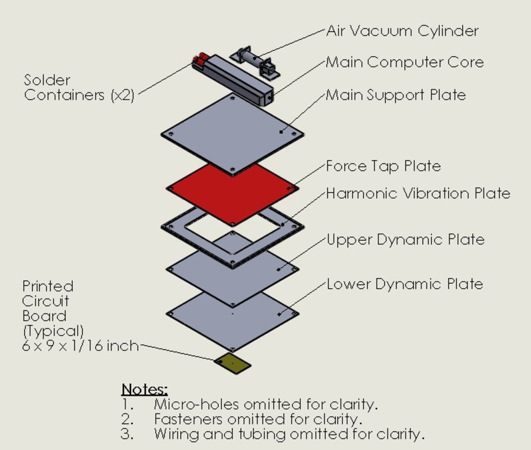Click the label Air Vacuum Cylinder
tap(402, 31)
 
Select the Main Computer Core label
tap(405, 62)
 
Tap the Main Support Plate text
tap(396, 94)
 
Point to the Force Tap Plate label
tap(383, 166)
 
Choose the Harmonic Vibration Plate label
tap(418, 193)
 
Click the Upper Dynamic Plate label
tap(405, 239)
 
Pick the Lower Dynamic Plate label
tap(405, 284)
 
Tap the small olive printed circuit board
tap(232, 364)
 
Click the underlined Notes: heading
tap(145, 389)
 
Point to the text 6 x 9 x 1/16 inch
tap(80, 346)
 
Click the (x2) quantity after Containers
tap(123, 96)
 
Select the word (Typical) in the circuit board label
tap(53, 331)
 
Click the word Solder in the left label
tap(47, 80)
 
